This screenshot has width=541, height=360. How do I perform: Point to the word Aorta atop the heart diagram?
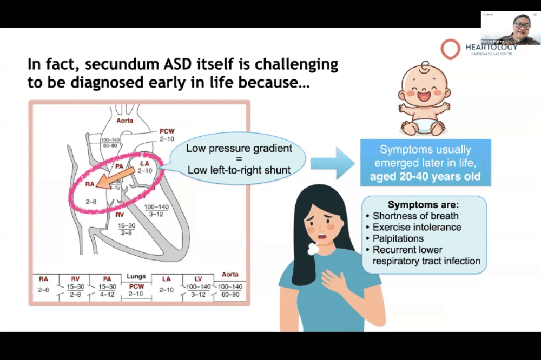124,121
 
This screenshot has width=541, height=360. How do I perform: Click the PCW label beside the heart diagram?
167,131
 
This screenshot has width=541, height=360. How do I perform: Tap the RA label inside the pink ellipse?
90,184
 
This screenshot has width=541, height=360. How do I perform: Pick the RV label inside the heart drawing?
120,214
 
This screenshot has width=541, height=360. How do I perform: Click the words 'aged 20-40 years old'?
425,177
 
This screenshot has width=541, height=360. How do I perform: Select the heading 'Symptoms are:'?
423,205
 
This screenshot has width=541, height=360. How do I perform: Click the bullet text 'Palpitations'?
398,238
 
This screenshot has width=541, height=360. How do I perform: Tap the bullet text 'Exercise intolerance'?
417,228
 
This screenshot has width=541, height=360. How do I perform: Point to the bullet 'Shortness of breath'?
415,216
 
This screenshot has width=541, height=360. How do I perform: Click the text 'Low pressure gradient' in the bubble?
239,148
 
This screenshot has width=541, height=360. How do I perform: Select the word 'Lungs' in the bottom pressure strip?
136,276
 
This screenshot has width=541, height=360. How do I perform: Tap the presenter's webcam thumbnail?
510,28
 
